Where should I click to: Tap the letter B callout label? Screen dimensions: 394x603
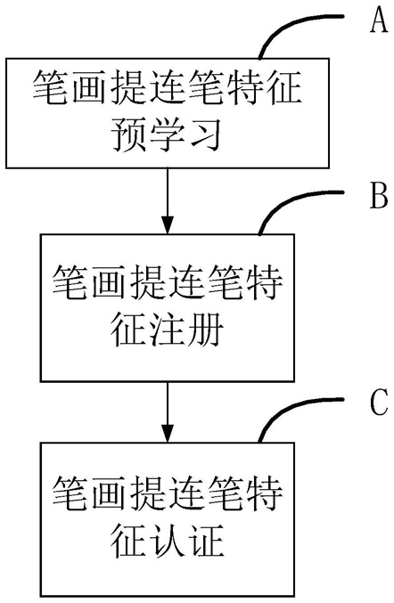pos(379,196)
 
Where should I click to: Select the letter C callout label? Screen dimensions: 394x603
pos(379,403)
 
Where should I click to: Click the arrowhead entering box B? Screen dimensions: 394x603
pos(168,225)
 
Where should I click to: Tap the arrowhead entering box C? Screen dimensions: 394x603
pos(168,434)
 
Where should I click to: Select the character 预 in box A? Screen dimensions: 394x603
pos(129,134)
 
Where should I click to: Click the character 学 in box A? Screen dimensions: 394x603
pos(167,134)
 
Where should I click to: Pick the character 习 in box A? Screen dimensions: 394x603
pos(204,134)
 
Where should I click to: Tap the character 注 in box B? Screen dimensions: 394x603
pos(167,330)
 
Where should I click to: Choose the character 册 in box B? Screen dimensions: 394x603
pos(205,330)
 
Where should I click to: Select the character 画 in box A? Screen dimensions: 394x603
pos(91,86)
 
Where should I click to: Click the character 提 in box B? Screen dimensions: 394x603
pos(149,283)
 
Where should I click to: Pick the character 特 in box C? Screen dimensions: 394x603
pos(264,493)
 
